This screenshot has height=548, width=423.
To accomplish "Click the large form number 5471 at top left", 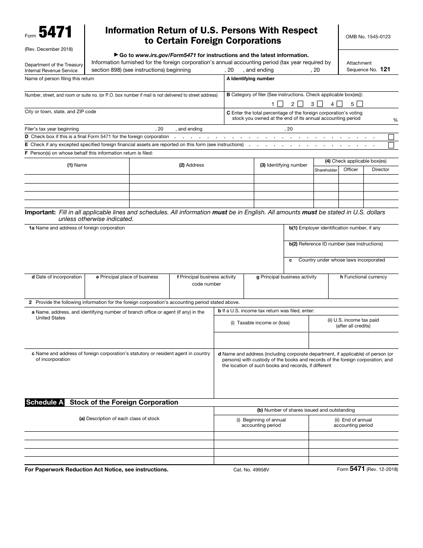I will click(x=55, y=33).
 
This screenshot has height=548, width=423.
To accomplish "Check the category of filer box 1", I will click(x=280, y=104).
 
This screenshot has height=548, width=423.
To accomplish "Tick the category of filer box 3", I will click(x=320, y=104).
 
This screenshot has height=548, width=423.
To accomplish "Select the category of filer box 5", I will click(x=360, y=104).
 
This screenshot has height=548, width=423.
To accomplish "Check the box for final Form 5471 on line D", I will click(x=391, y=137).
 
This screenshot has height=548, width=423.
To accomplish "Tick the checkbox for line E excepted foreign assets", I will click(x=391, y=145).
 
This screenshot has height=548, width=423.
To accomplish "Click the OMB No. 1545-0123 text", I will click(x=368, y=37).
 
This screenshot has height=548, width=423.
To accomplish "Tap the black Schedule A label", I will click(x=45, y=402).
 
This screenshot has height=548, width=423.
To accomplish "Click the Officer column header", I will click(x=350, y=170).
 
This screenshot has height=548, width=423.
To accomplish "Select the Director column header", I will click(x=380, y=170).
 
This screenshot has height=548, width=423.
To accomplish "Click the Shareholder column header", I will click(x=326, y=170).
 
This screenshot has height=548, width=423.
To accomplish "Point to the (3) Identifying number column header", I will click(x=284, y=165).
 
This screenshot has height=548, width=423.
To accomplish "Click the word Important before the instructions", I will click(x=40, y=213).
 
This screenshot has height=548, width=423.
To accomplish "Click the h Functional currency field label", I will click(x=363, y=277).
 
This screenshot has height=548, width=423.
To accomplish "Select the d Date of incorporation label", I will click(x=57, y=277).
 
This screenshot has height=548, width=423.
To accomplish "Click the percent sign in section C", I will click(x=395, y=120).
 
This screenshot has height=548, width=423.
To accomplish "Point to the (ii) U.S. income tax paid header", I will click(x=353, y=323).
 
